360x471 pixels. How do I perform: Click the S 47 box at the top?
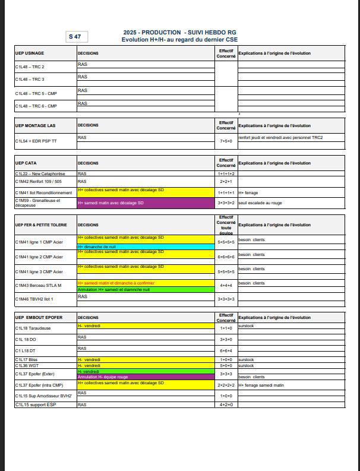click(77, 37)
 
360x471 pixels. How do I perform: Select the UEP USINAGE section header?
click(30, 53)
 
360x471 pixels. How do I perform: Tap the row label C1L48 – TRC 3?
click(30, 79)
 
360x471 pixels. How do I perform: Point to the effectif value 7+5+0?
click(226, 141)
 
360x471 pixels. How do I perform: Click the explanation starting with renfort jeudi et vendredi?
click(280, 137)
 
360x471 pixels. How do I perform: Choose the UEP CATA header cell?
click(26, 163)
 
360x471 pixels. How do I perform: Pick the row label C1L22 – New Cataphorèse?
click(40, 173)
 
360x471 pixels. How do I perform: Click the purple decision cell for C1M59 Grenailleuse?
click(146, 203)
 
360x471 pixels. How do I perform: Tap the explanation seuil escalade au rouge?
click(260, 203)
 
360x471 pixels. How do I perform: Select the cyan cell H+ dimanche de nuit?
click(146, 246)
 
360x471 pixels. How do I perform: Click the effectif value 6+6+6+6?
click(226, 257)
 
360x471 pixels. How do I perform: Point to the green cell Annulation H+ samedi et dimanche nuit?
click(146, 290)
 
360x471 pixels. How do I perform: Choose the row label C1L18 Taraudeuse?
click(33, 328)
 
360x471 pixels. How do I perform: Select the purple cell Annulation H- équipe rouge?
click(146, 377)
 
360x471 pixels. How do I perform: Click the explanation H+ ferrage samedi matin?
click(263, 385)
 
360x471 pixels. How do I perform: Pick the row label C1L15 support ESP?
click(36, 404)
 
